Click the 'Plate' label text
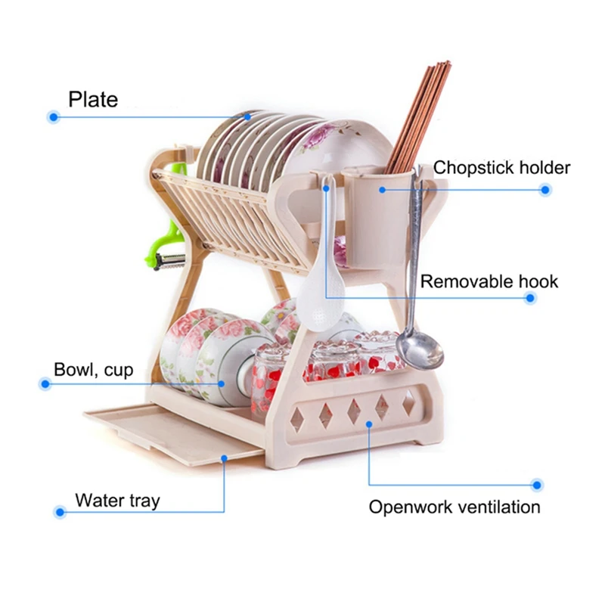pyautogui.click(x=93, y=99)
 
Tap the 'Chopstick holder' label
pyautogui.click(x=501, y=167)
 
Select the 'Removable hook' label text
pyautogui.click(x=489, y=282)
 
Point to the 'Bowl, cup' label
pyautogui.click(x=93, y=370)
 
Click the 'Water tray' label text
pyautogui.click(x=117, y=500)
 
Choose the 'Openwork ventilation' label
pyautogui.click(x=455, y=507)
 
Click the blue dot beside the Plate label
pyautogui.click(x=53, y=117)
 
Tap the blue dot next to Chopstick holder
pyautogui.click(x=544, y=190)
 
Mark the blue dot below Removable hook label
pyautogui.click(x=530, y=299)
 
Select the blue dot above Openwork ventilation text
pyautogui.click(x=536, y=485)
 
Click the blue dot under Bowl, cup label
pyautogui.click(x=45, y=384)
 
